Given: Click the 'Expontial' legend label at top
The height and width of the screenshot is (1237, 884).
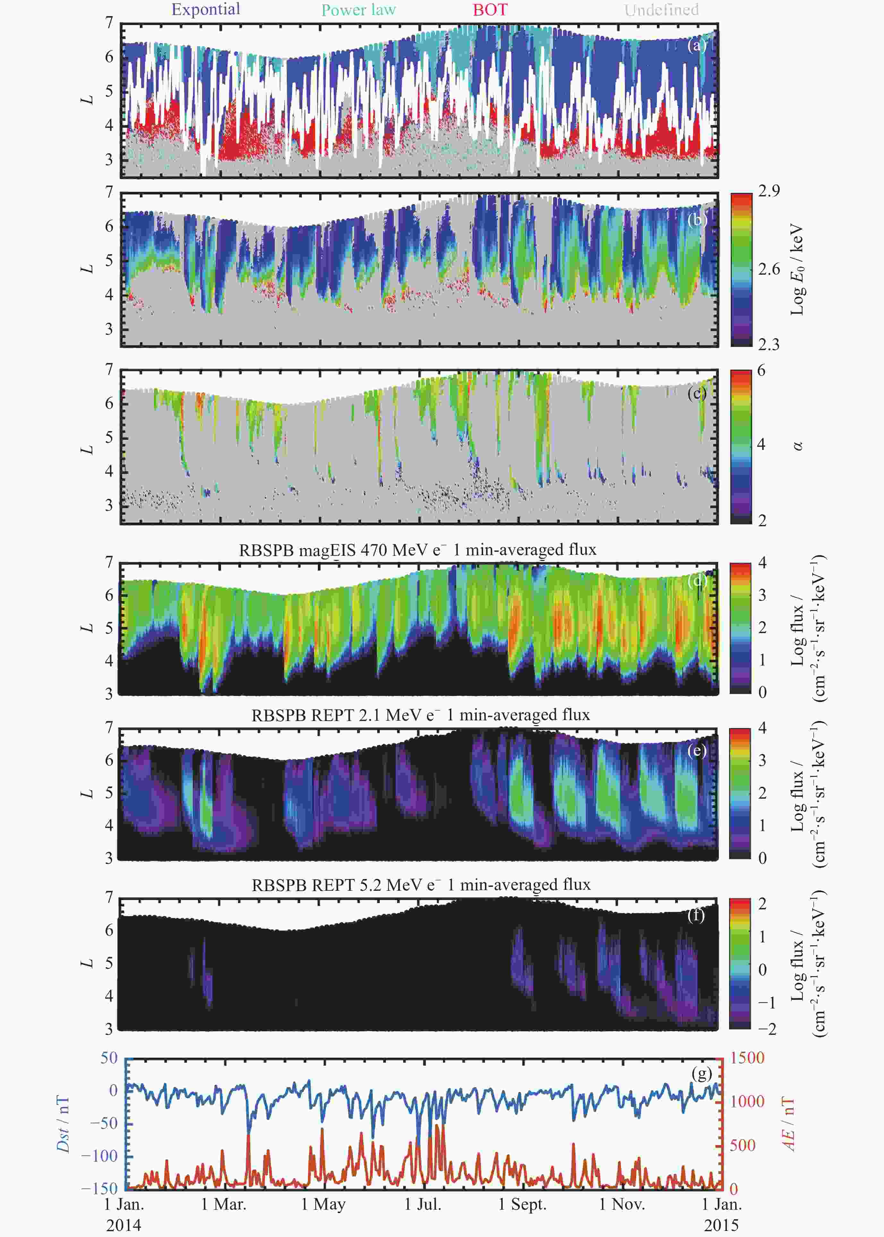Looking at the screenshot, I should point(206,9).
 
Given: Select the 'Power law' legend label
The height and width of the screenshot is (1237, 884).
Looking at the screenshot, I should point(358,10).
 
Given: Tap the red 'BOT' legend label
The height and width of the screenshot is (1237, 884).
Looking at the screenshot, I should point(490,10).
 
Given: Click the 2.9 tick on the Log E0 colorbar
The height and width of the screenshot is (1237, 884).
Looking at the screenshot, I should point(769,191).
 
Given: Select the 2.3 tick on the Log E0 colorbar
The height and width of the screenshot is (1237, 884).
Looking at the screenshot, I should point(769,344).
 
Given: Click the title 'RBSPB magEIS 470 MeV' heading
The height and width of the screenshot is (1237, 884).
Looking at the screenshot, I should point(418,550).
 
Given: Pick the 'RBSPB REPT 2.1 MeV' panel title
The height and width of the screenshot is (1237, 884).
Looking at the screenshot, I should point(420,715).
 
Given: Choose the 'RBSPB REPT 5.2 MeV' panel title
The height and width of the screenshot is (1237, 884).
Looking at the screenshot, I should point(421,885).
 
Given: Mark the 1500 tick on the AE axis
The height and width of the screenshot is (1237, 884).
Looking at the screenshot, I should point(747,1058).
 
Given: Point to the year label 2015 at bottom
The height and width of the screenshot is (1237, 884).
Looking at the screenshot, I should point(721,1225).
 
